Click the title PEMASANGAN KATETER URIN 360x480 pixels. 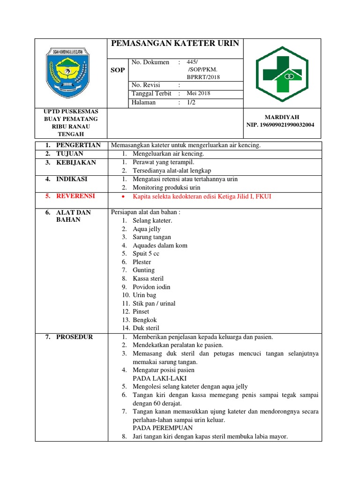tap(174, 44)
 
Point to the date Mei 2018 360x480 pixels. tap(198, 93)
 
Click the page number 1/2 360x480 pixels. tap(191, 102)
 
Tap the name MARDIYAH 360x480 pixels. tap(282, 117)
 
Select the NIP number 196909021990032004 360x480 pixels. tap(280, 125)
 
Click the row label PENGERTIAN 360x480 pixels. tap(78, 145)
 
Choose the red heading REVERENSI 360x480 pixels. tap(75, 196)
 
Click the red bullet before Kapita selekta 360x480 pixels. tap(123, 197)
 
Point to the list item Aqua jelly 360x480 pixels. tap(146, 229)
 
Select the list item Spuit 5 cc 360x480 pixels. tap(146, 254)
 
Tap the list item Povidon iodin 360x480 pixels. tap(151, 287)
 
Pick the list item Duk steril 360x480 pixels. tap(146, 328)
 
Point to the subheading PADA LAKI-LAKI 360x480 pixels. tap(160, 378)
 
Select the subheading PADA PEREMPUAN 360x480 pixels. tap(163, 428)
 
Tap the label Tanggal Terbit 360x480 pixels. tap(151, 93)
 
